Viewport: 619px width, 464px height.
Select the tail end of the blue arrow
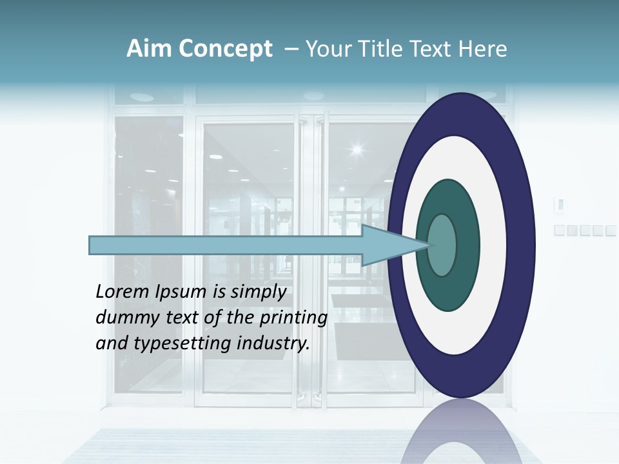[93, 245]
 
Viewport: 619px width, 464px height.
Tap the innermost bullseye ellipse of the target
[442, 245]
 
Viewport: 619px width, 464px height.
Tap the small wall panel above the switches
[560, 205]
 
